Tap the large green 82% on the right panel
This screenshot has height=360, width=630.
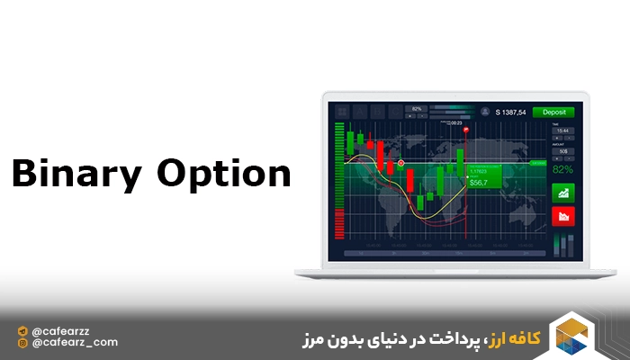tap(562, 169)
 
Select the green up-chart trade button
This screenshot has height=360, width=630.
tap(562, 192)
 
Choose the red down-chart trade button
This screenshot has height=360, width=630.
tap(562, 216)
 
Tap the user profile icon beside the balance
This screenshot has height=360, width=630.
tap(485, 112)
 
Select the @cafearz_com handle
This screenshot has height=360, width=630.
tap(74, 342)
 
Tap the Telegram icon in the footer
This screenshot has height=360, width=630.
tap(22, 330)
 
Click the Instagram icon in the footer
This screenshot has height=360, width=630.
tap(22, 342)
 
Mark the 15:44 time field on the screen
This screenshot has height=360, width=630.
tap(562, 130)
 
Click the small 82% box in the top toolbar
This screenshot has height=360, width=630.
tap(417, 108)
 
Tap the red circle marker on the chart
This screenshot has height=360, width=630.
tap(400, 163)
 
